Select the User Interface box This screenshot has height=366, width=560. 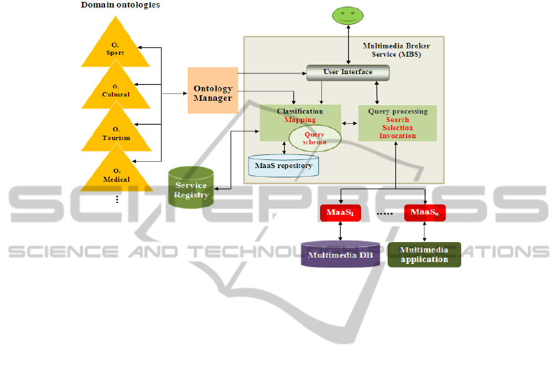click(x=348, y=72)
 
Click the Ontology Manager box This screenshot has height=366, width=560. click(x=213, y=91)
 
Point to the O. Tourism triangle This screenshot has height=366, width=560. click(x=116, y=134)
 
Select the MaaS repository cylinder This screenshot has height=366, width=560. click(x=283, y=166)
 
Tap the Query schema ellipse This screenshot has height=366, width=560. click(x=314, y=138)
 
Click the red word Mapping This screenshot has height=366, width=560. click(x=300, y=120)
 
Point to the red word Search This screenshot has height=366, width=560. click(x=397, y=120)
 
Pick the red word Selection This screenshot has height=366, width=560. click(x=398, y=128)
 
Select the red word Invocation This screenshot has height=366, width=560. click(x=398, y=136)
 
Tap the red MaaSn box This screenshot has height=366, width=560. click(x=425, y=213)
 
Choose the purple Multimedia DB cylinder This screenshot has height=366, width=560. click(x=341, y=254)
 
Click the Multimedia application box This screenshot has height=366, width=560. click(x=425, y=255)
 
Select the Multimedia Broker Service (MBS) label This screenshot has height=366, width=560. click(x=397, y=50)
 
